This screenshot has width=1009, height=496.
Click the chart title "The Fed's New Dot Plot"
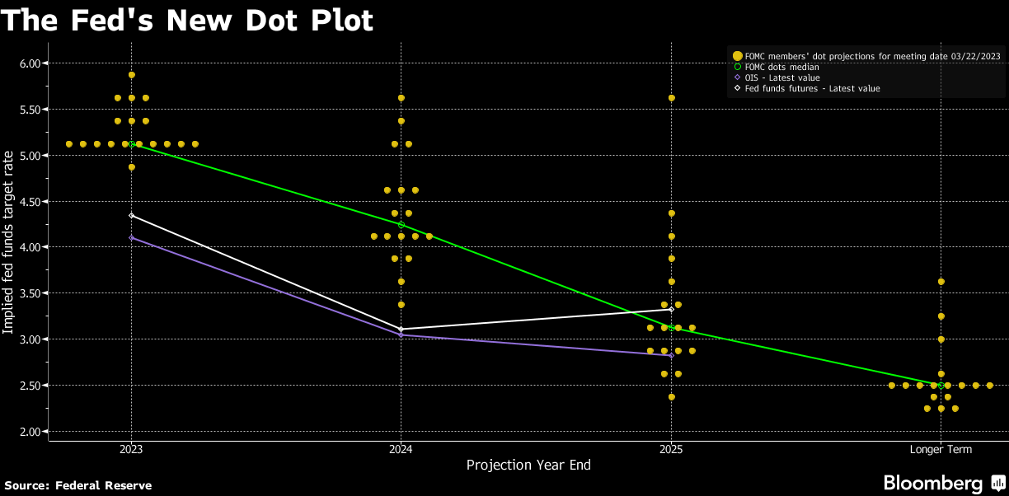(x=188, y=21)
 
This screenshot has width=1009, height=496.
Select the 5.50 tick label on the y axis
(x=34, y=110)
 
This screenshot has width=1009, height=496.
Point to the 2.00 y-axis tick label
(x=34, y=432)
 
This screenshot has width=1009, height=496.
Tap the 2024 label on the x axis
(x=401, y=450)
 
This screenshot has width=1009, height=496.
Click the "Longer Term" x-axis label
(x=941, y=450)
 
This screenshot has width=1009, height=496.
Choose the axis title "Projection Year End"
(x=528, y=466)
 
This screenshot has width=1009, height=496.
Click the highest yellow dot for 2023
(x=132, y=75)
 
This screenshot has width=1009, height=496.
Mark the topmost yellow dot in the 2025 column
(x=671, y=98)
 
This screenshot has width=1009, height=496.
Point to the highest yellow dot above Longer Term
(x=941, y=282)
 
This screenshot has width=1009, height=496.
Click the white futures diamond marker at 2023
(x=132, y=216)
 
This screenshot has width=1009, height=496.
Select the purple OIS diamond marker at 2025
(x=671, y=356)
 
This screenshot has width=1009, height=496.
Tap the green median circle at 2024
(x=401, y=225)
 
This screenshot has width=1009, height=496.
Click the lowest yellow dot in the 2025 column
(x=671, y=397)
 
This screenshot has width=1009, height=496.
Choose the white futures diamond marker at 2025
(x=671, y=309)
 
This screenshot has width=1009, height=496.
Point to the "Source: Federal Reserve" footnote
(x=78, y=485)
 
